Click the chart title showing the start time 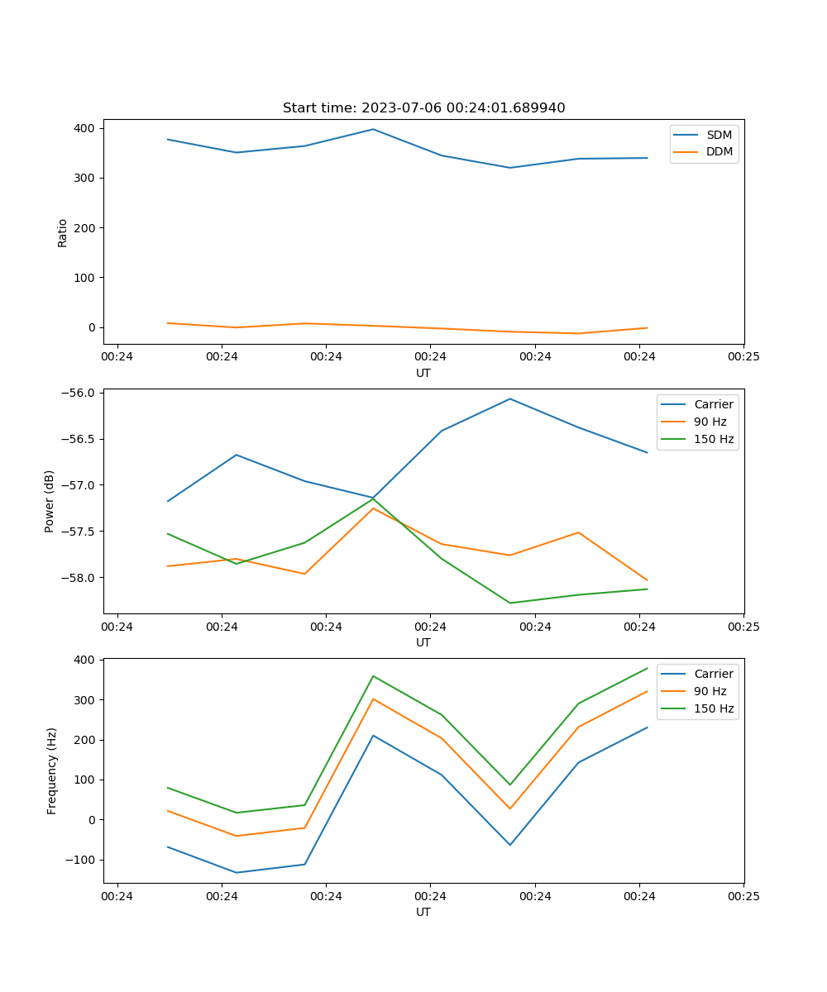click(423, 108)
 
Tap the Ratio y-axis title click(63, 232)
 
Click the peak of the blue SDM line click(373, 129)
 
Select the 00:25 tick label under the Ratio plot click(743, 357)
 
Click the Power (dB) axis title click(50, 501)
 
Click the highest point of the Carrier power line click(510, 398)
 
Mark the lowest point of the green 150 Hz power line click(510, 603)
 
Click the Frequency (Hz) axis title click(51, 770)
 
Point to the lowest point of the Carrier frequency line click(237, 872)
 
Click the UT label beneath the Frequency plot click(423, 912)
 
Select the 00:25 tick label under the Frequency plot click(743, 896)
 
